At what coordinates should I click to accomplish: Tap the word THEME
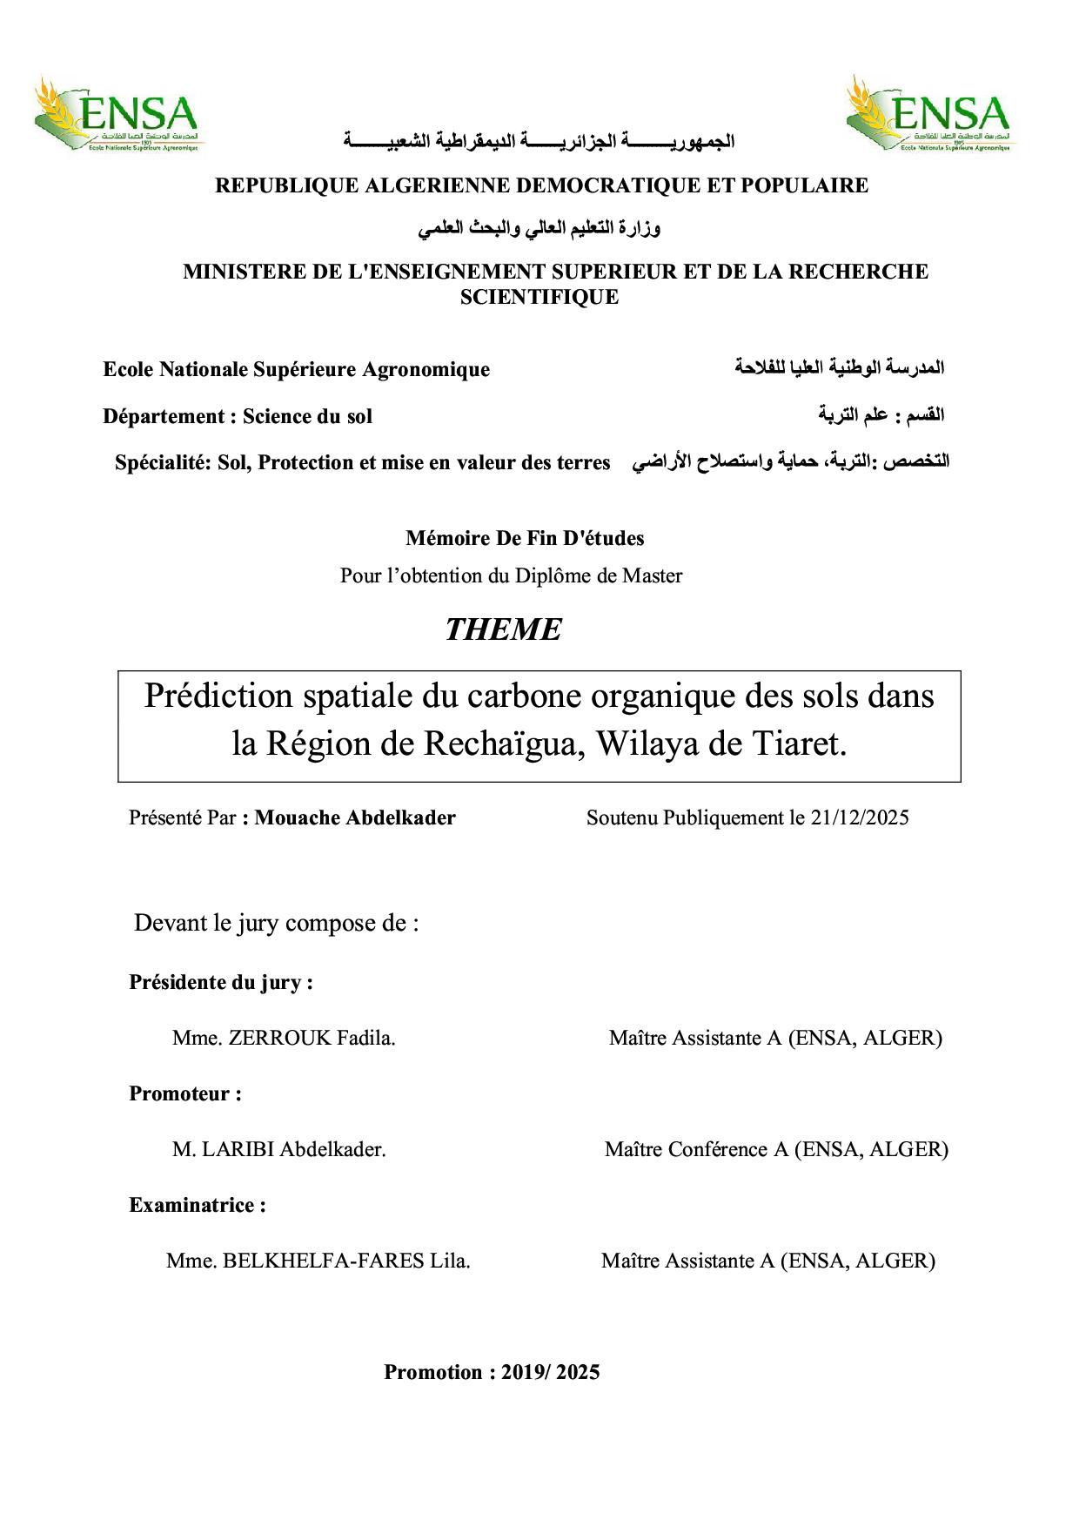(503, 629)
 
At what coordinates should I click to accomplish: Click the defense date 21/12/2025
(860, 817)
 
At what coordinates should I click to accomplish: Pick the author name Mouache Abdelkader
(355, 817)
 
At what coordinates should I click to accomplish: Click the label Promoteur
(185, 1093)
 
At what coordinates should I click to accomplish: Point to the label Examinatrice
(198, 1205)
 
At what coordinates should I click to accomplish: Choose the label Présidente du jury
(221, 982)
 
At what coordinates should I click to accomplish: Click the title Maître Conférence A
(697, 1149)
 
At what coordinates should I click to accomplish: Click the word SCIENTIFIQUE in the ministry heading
(539, 297)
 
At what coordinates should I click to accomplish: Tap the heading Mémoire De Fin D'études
(525, 538)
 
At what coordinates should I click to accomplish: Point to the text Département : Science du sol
(238, 416)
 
